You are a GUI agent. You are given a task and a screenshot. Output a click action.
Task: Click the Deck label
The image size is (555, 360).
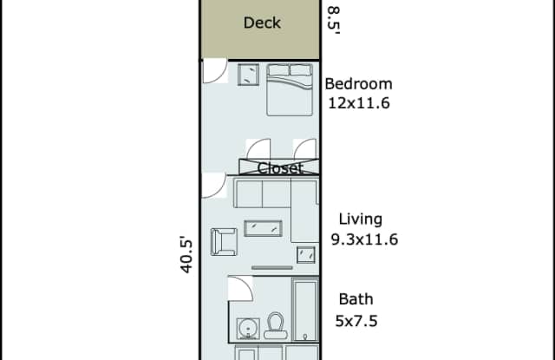coord(262,23)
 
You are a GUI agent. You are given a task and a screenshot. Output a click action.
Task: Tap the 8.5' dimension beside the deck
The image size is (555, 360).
coord(333,20)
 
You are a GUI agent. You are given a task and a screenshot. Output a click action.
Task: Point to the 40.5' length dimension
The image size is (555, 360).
coord(186,255)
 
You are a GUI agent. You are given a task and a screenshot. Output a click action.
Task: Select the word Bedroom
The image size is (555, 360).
coord(358,84)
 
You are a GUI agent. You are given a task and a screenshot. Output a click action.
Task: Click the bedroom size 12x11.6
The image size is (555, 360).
coord(359,103)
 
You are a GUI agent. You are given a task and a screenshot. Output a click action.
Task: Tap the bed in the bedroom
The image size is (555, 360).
coord(290,89)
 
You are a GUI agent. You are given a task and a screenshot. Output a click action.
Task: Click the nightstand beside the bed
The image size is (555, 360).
coord(248,75)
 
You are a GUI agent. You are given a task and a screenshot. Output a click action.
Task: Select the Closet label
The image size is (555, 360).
coord(280,168)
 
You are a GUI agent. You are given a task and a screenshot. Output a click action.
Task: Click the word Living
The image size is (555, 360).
coord(361,219)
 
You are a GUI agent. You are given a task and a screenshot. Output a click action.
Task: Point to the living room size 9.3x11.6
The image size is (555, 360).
coord(364,239)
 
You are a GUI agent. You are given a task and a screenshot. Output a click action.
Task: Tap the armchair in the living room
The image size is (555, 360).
coord(224,242)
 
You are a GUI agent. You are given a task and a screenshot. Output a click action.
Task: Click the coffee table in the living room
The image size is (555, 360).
coord(263,228)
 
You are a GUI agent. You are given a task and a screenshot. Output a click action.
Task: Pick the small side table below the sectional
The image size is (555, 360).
coord(306,254)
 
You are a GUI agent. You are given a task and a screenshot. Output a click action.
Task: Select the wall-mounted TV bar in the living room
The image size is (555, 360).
coord(271,268)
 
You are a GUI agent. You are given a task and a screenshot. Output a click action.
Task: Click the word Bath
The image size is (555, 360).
coord(356,299)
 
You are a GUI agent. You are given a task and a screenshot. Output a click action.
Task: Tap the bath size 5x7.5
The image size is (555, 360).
coord(356,321)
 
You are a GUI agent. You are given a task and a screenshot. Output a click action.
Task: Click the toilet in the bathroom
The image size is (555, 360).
coord(276,325)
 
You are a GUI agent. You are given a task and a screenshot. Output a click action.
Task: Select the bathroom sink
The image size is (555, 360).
coord(248,329)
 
